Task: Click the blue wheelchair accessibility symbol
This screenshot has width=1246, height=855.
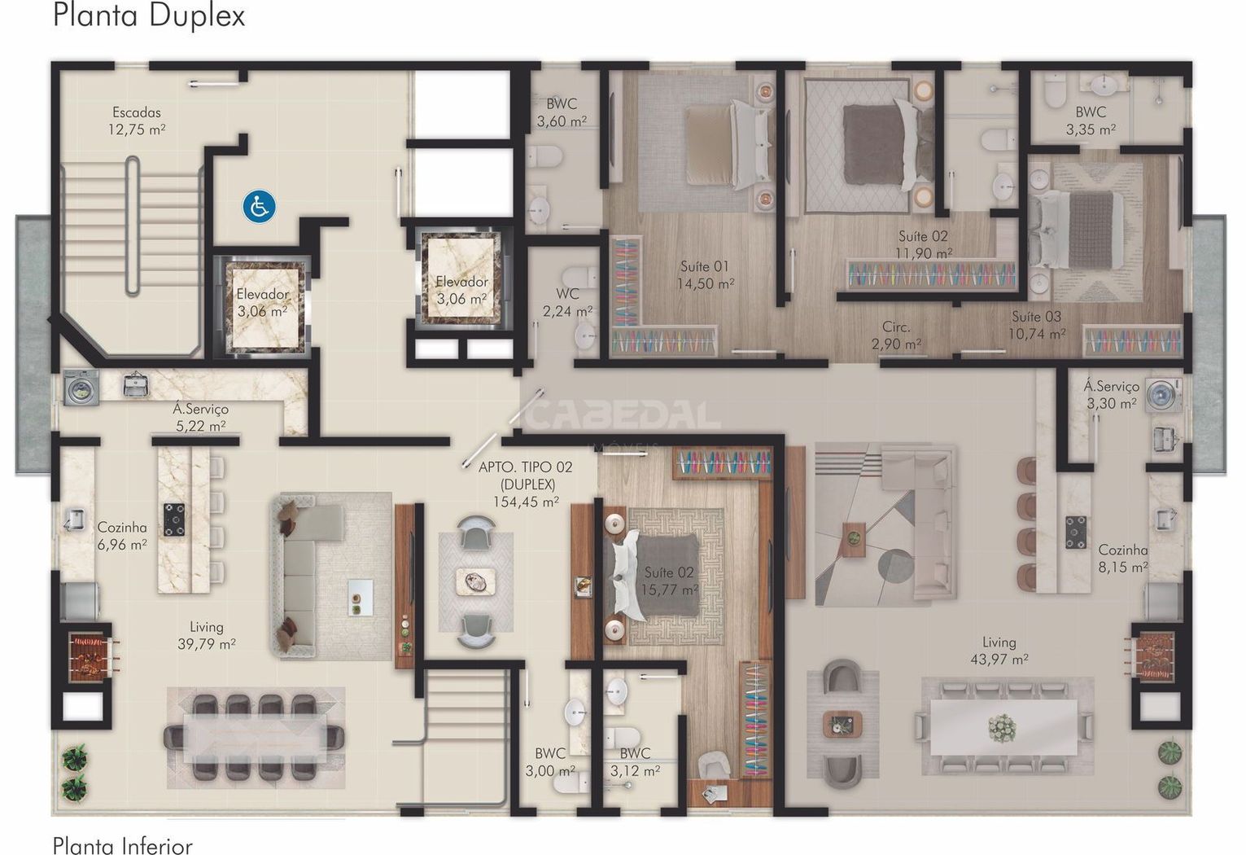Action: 259,207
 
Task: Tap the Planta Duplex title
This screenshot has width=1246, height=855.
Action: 149,15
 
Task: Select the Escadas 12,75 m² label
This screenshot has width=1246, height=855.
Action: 137,121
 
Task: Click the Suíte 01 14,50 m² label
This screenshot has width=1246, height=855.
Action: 705,275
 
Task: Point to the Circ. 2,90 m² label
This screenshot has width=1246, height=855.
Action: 896,335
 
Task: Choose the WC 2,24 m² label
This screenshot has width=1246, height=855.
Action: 567,302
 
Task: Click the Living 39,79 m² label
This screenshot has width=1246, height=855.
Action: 207,635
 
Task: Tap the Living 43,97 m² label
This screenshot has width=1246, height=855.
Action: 999,651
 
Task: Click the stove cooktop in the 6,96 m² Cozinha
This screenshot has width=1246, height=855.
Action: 174,520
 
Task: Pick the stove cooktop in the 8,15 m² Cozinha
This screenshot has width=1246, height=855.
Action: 1076,533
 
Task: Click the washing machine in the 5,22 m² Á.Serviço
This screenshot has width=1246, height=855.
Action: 81,388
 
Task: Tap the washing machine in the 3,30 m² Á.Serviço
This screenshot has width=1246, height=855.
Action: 1164,395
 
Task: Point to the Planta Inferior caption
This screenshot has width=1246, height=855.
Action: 122,845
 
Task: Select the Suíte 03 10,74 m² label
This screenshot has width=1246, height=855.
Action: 1037,325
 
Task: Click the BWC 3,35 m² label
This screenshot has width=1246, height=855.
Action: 1091,121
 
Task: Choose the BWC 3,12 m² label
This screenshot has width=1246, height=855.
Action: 635,762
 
